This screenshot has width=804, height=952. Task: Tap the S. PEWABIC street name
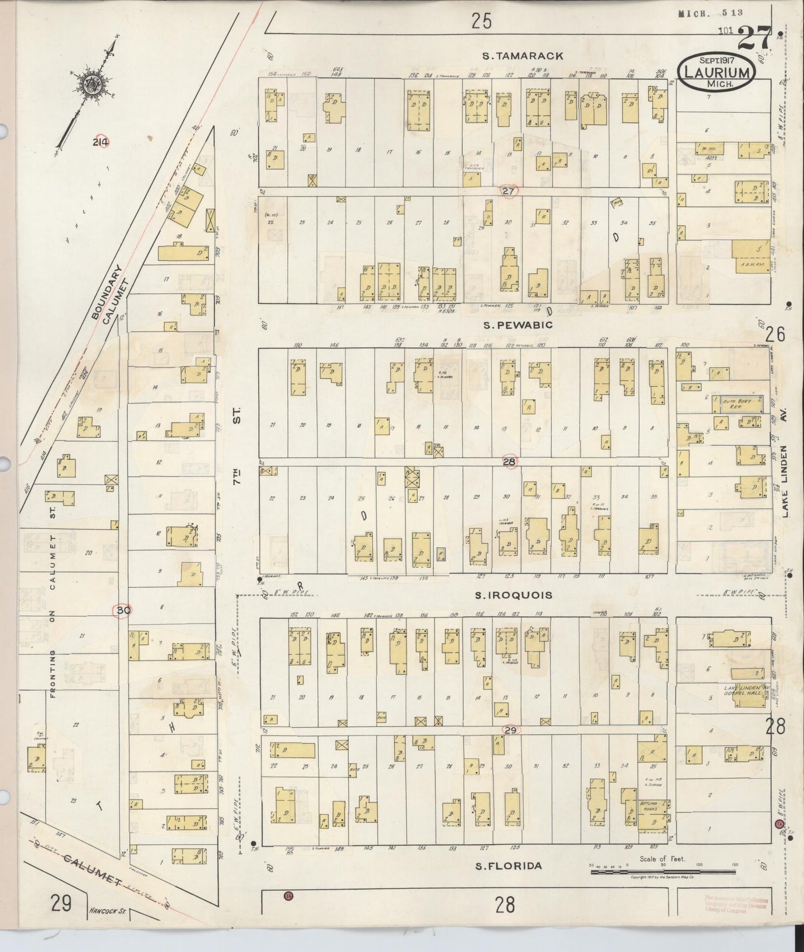[x=517, y=325]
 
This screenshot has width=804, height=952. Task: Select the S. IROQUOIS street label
[x=513, y=595]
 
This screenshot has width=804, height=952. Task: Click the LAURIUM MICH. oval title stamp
[x=716, y=72]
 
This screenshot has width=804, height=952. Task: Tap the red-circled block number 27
[x=508, y=191]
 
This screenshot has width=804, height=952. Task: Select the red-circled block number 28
[x=509, y=461]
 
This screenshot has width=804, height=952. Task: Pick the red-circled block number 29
[x=510, y=730]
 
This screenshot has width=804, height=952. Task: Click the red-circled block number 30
[x=122, y=610]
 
